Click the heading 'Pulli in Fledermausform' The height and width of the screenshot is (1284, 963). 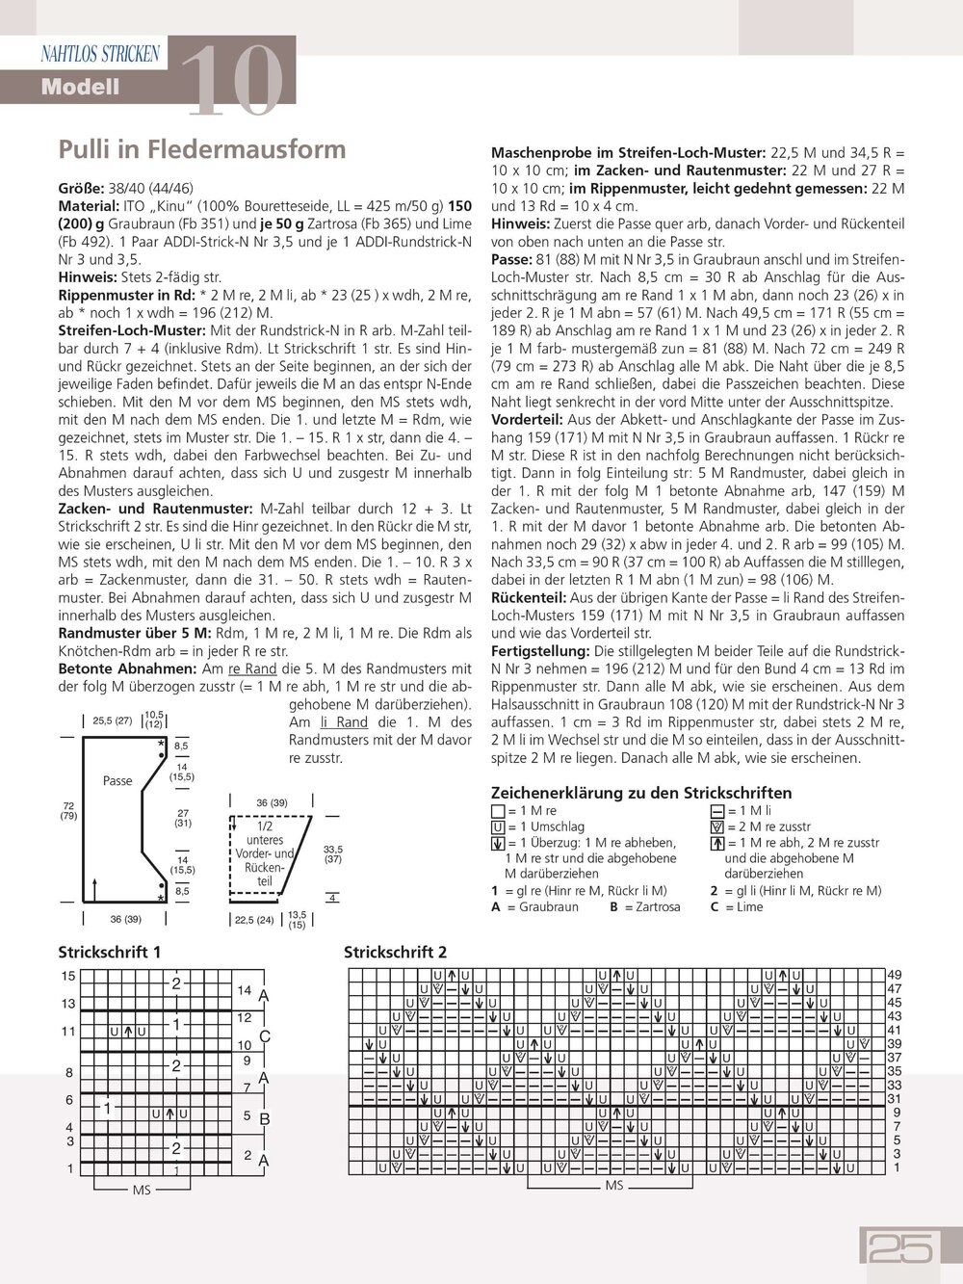202,149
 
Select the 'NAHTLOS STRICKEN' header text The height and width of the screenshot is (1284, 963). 100,54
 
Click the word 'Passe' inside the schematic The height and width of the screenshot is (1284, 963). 117,780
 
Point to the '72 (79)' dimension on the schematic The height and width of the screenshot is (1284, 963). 68,811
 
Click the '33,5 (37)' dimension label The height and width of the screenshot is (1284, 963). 333,854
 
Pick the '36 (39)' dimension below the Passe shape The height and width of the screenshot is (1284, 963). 125,919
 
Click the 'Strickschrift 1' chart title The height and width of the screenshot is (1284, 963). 110,952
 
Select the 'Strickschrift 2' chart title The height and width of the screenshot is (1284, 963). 395,952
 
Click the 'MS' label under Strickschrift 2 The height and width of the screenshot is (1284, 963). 614,1186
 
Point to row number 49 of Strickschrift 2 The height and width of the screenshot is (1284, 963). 895,975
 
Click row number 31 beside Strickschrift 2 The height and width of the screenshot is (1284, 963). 895,1099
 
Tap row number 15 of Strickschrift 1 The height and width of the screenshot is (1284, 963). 68,976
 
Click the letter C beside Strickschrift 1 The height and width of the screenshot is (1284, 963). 265,1036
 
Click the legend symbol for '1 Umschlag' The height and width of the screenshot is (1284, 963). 498,827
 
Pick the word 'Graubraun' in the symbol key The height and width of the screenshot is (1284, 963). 549,906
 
